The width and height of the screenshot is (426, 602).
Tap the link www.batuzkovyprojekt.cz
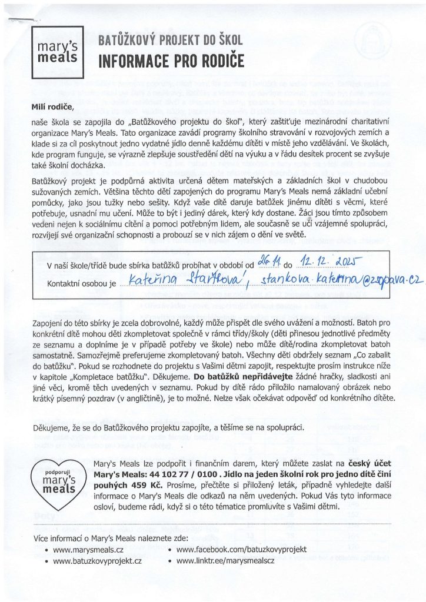pyautogui.click(x=98, y=561)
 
